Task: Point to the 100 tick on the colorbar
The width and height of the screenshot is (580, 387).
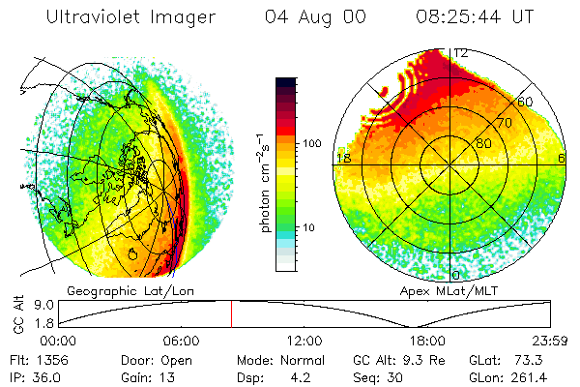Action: [x=313, y=143]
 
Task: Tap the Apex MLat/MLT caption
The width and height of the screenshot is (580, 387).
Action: [x=446, y=290]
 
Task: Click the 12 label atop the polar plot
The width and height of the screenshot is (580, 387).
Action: [x=461, y=53]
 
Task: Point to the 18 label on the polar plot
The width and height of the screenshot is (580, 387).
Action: [x=342, y=158]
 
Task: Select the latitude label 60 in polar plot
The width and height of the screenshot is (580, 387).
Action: [x=526, y=102]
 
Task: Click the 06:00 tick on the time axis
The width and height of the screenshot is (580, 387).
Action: [x=181, y=341]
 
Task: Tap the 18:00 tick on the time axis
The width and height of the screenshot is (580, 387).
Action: [x=427, y=341]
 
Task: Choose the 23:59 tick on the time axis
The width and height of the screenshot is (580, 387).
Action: [x=551, y=341]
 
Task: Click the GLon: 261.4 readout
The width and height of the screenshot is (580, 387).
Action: [x=514, y=376]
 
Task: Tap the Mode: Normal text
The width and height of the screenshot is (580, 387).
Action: [x=276, y=360]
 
